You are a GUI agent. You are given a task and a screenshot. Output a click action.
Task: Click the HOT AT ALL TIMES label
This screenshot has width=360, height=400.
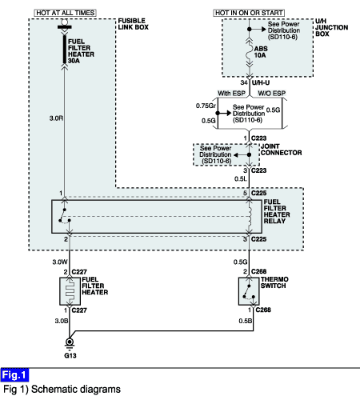pyautogui.click(x=65, y=13)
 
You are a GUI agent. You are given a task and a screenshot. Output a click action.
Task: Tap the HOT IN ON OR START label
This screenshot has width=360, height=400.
pyautogui.click(x=249, y=13)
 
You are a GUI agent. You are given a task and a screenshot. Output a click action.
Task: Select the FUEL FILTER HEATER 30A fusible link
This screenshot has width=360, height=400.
pyautogui.click(x=65, y=50)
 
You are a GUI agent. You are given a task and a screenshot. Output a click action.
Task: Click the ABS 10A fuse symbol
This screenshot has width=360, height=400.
pyautogui.click(x=250, y=53)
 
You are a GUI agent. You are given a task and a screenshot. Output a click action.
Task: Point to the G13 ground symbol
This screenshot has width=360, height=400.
pyautogui.click(x=70, y=344)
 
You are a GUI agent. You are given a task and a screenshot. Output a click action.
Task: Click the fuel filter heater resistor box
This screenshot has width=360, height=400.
pyautogui.click(x=70, y=291)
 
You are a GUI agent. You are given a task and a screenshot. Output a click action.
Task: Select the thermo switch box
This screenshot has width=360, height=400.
pyautogui.click(x=249, y=291)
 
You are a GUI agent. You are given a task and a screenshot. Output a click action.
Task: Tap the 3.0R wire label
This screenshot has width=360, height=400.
pyautogui.click(x=56, y=118)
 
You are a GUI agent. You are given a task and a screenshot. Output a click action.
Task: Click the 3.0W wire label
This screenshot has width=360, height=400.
pyautogui.click(x=60, y=262)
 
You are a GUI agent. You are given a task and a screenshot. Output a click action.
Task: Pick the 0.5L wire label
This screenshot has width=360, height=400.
pyautogui.click(x=241, y=179)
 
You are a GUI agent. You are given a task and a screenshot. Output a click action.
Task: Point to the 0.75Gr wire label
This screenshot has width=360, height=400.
pyautogui.click(x=206, y=106)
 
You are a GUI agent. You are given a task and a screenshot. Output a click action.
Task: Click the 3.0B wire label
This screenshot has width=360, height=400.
pyautogui.click(x=62, y=321)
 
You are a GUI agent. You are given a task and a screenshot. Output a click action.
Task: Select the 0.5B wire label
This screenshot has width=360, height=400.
pyautogui.click(x=246, y=321)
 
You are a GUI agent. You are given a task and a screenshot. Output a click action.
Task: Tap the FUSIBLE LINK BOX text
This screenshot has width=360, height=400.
pyautogui.click(x=134, y=24)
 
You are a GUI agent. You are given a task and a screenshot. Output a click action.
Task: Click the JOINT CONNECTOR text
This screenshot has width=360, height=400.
pyautogui.click(x=282, y=150)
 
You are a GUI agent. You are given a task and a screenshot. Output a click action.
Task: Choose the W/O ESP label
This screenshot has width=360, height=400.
pyautogui.click(x=272, y=94)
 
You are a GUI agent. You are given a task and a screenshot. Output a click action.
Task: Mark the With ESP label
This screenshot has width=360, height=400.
pyautogui.click(x=231, y=94)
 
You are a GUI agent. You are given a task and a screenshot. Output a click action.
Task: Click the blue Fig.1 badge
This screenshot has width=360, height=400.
pyautogui.click(x=14, y=375)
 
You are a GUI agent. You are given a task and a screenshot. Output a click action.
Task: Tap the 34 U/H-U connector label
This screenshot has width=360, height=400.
pyautogui.click(x=255, y=82)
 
